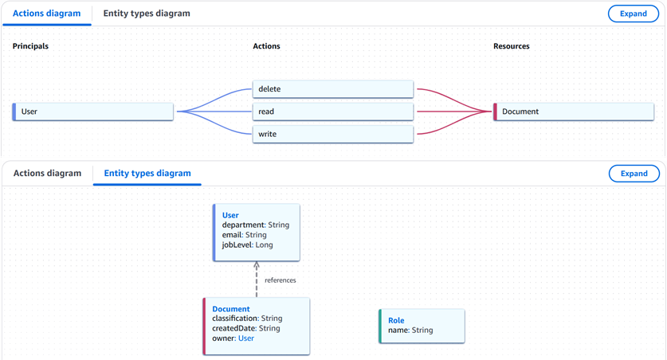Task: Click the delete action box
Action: click(333, 89)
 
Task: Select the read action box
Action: click(333, 112)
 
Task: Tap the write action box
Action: click(333, 135)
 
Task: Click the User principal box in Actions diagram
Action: click(93, 112)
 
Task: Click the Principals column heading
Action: click(30, 46)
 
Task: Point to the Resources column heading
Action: click(512, 46)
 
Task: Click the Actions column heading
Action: click(266, 46)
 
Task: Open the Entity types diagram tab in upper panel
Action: click(147, 14)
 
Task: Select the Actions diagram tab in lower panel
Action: click(47, 173)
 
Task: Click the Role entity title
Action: click(396, 320)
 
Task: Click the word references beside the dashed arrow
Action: click(281, 280)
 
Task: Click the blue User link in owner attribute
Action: click(246, 338)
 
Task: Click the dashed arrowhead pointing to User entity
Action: click(257, 266)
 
